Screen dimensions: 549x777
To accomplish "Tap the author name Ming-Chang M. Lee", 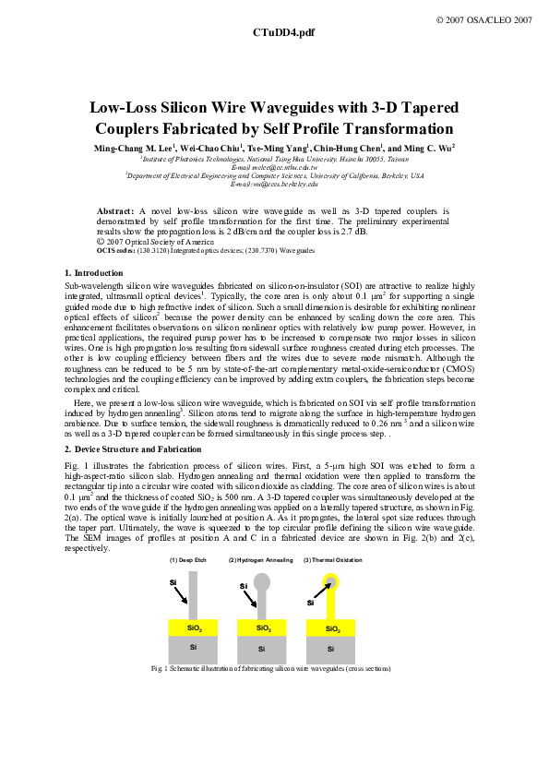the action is [x=132, y=149].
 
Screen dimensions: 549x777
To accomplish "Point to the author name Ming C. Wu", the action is [x=429, y=149].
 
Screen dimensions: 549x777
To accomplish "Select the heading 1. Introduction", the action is [x=94, y=273].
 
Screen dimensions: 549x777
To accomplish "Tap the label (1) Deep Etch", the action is [x=187, y=560].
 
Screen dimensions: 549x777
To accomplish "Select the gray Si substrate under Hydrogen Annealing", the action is [x=262, y=649].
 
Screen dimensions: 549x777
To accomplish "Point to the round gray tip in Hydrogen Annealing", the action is [x=262, y=582].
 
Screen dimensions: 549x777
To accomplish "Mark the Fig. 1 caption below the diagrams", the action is [x=274, y=668].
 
